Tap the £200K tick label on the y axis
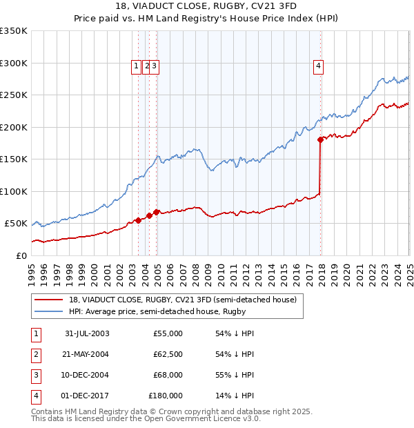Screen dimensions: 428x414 point(14,127)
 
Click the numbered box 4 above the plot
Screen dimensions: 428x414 point(319,66)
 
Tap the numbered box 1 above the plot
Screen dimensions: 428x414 point(136,66)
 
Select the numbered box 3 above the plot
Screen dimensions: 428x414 point(155,66)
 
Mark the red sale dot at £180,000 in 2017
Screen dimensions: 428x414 point(320,139)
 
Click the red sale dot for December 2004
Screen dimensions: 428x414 point(157,212)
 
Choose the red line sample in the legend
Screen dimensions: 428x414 point(49,300)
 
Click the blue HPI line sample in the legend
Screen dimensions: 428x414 point(49,312)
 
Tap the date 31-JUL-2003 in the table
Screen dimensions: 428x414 point(87,333)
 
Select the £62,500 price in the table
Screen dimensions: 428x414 point(168,354)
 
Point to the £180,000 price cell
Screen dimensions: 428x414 point(166,396)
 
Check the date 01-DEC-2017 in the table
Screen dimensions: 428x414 point(87,396)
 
